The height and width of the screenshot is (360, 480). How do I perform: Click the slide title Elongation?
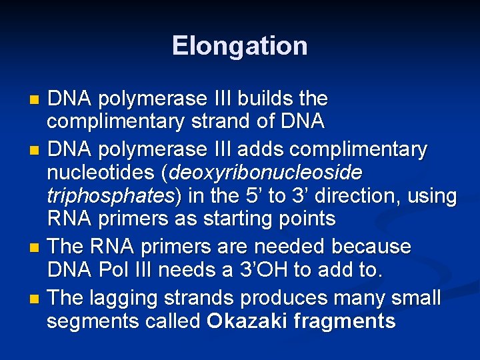pos(239,46)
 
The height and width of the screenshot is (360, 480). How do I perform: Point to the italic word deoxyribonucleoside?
pos(267,173)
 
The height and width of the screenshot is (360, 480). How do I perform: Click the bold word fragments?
pos(347,321)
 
